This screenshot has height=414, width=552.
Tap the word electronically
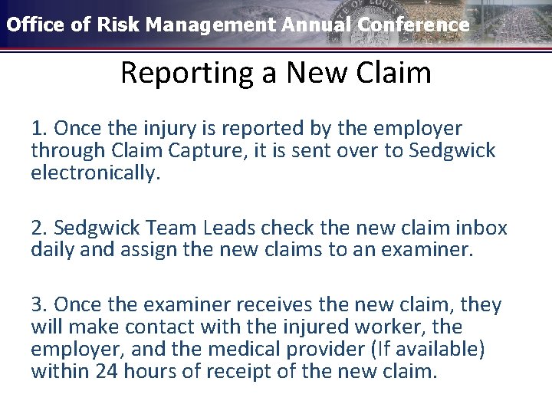[95, 172]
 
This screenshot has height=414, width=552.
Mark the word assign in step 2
[144, 250]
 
